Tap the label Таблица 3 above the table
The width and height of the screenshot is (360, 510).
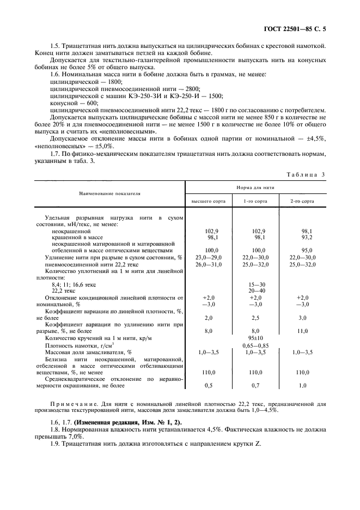[x=305, y=174]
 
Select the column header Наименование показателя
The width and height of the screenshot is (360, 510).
[x=109, y=193]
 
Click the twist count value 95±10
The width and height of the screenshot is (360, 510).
[x=256, y=338]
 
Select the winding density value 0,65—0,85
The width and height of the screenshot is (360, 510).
[x=256, y=345]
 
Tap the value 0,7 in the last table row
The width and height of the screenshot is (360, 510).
[x=256, y=386]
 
